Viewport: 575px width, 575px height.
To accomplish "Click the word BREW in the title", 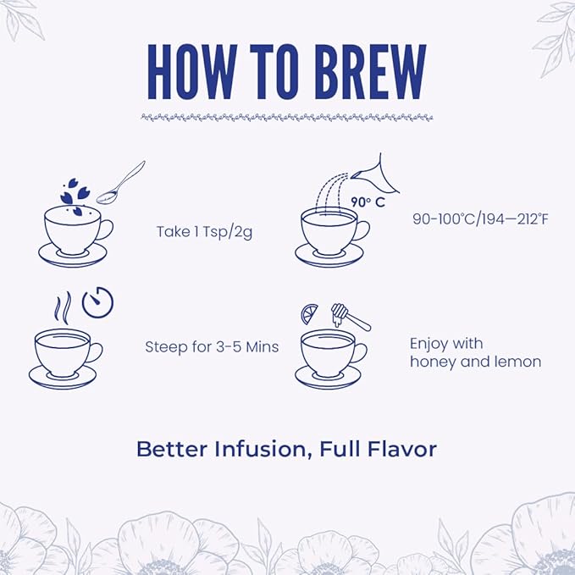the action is click(370, 72).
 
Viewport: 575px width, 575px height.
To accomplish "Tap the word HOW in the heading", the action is click(192, 72).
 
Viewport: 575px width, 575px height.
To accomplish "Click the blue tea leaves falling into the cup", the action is click(75, 196).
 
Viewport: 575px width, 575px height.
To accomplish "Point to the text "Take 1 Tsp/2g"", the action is click(204, 232).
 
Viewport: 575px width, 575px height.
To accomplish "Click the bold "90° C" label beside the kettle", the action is click(368, 202).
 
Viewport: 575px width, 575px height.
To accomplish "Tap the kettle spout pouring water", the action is click(375, 175).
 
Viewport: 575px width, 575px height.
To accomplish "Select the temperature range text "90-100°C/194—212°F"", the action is click(480, 219).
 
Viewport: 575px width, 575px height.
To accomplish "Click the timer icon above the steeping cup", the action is click(97, 301).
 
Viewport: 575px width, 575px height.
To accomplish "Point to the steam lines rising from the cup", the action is click(63, 308).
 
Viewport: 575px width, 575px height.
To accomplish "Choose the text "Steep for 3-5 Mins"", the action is click(212, 347).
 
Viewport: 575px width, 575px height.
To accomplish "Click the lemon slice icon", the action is click(309, 314).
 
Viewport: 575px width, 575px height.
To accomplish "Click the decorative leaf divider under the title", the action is click(287, 118).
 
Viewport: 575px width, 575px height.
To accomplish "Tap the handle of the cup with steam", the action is click(96, 352).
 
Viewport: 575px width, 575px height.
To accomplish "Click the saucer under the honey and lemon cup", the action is click(328, 378).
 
